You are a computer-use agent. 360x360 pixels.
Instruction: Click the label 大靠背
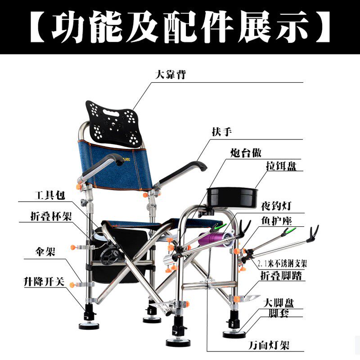171,75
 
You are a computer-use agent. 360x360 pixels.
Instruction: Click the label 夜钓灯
276,207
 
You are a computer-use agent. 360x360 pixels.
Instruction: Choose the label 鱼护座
277,221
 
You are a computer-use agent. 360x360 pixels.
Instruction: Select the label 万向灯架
269,346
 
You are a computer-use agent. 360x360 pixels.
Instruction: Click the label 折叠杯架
45,216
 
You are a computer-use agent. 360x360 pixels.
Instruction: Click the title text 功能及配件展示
180,27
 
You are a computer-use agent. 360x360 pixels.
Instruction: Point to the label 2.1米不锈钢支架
283,263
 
